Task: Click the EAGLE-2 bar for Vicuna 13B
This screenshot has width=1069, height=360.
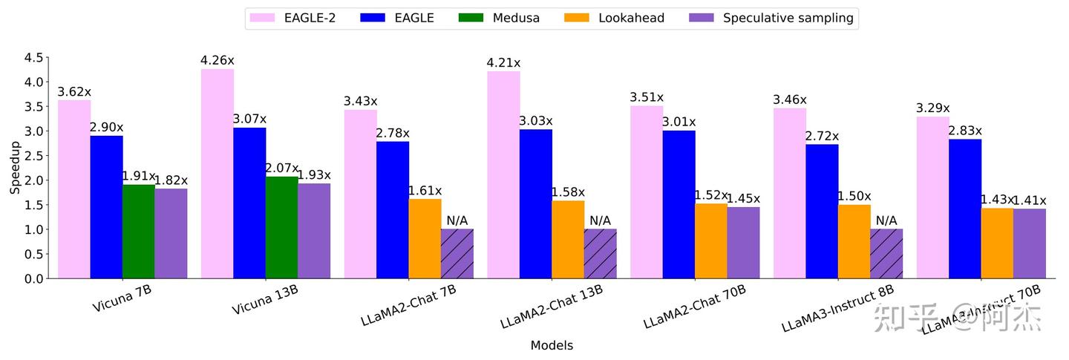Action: [x=218, y=174]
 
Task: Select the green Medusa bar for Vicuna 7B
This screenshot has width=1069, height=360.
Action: [x=139, y=232]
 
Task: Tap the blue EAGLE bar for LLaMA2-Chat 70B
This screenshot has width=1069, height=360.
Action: [x=679, y=205]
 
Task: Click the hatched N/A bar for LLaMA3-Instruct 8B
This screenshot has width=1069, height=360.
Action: [x=886, y=254]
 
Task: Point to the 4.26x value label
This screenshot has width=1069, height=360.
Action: [x=218, y=60]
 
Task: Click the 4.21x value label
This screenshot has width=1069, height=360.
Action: [x=503, y=62]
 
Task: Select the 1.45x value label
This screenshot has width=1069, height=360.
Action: [x=743, y=198]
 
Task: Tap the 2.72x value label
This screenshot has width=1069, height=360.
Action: [x=822, y=136]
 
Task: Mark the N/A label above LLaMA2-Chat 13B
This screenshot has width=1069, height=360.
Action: [x=600, y=220]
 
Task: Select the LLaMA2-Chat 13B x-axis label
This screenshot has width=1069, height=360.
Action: [x=552, y=312]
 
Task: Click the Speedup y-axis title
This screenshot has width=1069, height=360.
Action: [x=15, y=168]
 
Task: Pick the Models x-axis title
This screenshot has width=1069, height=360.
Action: [x=552, y=345]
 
